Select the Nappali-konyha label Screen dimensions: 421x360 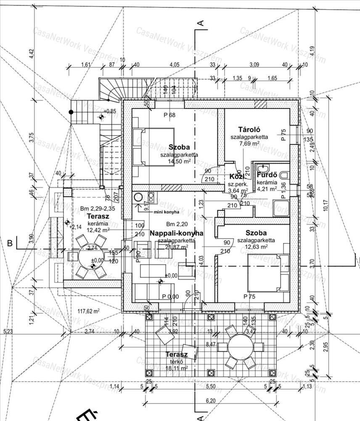tap(176, 232)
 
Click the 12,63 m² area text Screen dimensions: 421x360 tap(256, 247)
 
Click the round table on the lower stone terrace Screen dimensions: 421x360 tap(240, 348)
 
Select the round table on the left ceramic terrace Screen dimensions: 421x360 tap(89, 256)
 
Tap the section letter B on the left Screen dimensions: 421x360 tap(9, 242)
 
